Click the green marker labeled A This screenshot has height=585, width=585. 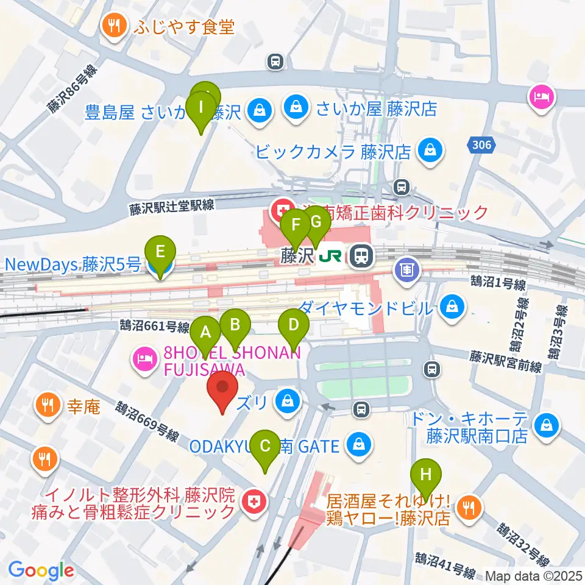pyautogui.click(x=205, y=334)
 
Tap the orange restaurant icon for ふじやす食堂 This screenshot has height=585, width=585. pyautogui.click(x=114, y=26)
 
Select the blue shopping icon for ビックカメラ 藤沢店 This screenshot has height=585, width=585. pyautogui.click(x=430, y=150)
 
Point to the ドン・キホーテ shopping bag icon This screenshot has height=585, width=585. pyautogui.click(x=547, y=425)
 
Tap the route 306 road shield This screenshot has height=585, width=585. pyautogui.click(x=481, y=145)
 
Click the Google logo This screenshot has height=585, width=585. pyautogui.click(x=41, y=570)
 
